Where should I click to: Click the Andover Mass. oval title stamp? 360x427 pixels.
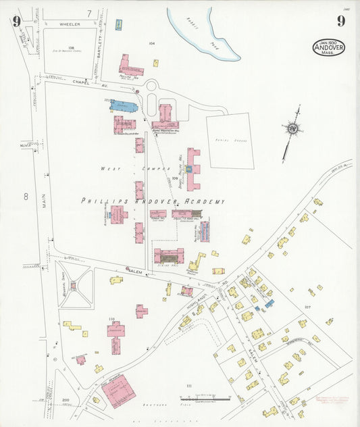329,47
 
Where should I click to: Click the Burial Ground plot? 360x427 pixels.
230,141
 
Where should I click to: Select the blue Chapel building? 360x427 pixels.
124,106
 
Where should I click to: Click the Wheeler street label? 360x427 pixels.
70,24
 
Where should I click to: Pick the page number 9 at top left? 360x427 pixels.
16,21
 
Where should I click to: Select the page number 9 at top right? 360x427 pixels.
341,21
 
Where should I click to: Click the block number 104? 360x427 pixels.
152,43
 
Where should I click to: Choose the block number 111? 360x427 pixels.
189,386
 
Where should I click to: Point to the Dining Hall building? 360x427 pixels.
168,255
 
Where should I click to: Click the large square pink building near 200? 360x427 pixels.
119,390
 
